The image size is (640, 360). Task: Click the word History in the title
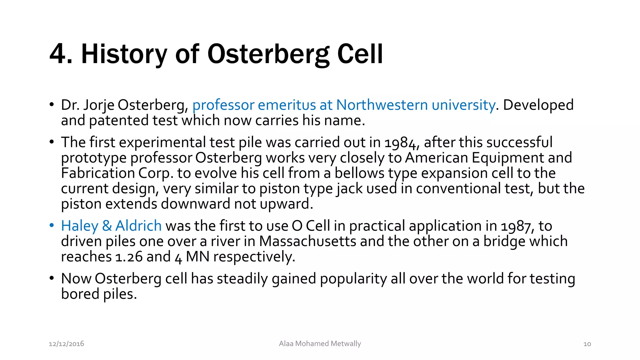coord(124,54)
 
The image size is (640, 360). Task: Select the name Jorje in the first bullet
coord(98,105)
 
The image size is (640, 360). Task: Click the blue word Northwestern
coord(382,105)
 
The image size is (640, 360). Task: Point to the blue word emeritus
coord(287,105)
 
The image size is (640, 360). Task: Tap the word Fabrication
coord(98,173)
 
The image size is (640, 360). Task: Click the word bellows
coord(359,173)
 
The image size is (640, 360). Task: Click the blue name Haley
coord(79,226)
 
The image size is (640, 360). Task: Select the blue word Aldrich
coord(138,226)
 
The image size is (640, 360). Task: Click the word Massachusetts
coord(307,241)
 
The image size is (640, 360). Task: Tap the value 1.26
coord(129,257)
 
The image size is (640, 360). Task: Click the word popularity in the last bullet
coord(353,278)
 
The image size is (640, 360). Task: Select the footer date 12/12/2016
coord(66,344)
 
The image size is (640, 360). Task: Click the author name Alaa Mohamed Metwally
coord(320,344)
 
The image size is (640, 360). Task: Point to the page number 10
coord(587,344)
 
